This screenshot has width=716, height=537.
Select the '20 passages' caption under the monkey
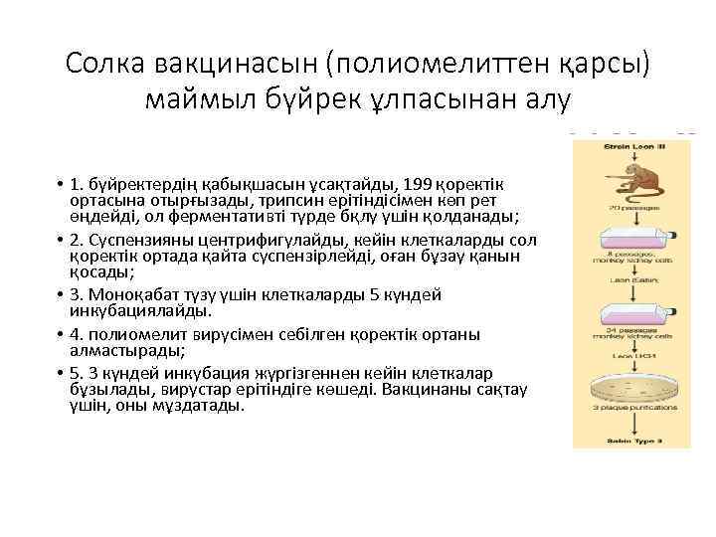coord(630,209)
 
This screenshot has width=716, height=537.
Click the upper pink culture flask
coord(630,237)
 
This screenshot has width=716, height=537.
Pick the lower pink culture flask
coord(630,310)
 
